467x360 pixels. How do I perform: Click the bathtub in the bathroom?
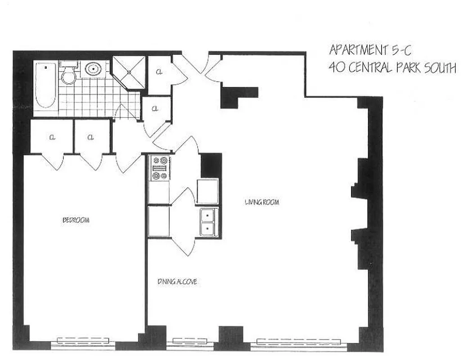pos(45,85)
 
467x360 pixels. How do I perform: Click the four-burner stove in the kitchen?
pos(160,168)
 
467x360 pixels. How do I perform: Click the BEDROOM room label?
pos(76,220)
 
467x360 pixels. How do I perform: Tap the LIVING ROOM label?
pos(262,202)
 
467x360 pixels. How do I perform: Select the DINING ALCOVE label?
pos(177,282)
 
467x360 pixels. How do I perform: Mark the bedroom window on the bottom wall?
pos(83,343)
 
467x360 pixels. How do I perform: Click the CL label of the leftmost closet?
pos(52,137)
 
